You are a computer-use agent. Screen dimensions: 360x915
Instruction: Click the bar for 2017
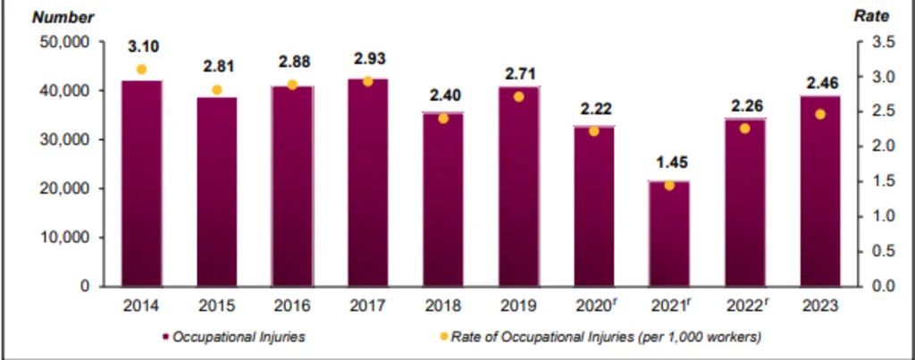369,183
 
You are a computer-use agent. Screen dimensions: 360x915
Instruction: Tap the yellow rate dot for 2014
141,70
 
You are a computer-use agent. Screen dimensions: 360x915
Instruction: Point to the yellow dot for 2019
519,96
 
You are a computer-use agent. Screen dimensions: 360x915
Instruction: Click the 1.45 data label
669,163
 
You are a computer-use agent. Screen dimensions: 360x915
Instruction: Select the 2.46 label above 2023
819,83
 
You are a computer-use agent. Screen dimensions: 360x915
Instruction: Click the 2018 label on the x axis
444,306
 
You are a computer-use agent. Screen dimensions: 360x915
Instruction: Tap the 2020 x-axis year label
595,306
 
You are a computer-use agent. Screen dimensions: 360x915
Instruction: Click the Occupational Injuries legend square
166,337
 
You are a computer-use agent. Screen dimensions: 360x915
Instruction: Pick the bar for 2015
218,191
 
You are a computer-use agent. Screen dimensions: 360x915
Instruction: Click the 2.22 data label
594,109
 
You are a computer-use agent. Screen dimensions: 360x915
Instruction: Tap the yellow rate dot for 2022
744,129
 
